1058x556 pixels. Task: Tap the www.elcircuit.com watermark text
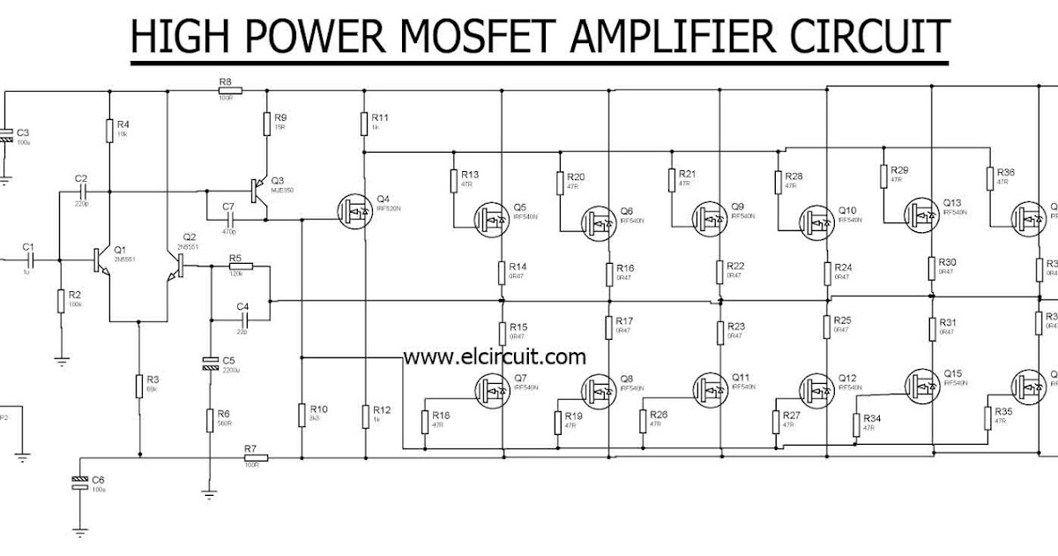(x=495, y=357)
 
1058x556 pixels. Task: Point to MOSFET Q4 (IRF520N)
(x=357, y=209)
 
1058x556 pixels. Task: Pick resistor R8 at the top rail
(x=227, y=90)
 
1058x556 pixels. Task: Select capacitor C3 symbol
(x=4, y=133)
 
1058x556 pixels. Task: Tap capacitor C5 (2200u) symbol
(x=210, y=363)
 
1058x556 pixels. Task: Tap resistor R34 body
(x=856, y=425)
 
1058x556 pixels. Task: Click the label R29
(x=899, y=169)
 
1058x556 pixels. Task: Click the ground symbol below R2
(x=61, y=359)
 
